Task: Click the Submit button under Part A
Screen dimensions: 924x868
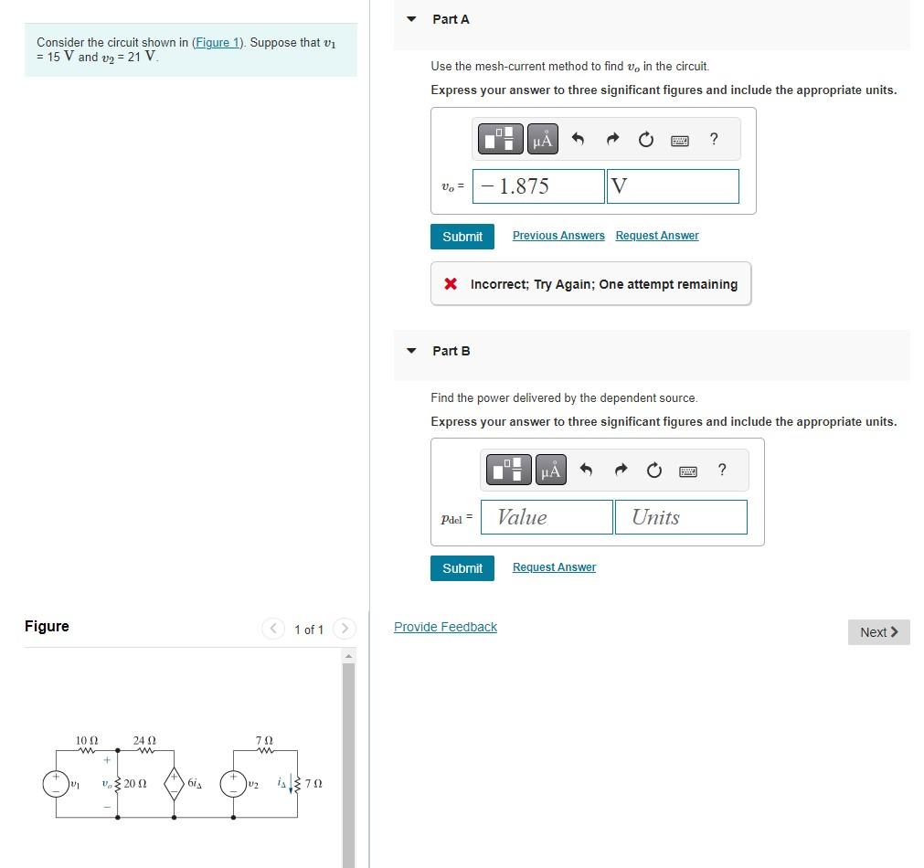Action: coord(462,237)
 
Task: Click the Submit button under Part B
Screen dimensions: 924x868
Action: coord(462,568)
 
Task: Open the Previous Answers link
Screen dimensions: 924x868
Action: coord(558,235)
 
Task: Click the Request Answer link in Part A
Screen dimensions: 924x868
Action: coord(657,235)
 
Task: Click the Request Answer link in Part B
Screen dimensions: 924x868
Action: coord(554,566)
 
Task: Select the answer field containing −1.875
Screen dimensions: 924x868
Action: coord(538,186)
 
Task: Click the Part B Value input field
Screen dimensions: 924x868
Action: coord(547,517)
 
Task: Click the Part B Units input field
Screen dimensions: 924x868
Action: coord(681,517)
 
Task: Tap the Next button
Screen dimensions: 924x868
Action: coord(878,631)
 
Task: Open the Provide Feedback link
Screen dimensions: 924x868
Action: coord(445,627)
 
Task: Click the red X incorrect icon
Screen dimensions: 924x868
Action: coord(451,284)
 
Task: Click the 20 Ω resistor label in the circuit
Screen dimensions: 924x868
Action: coord(135,784)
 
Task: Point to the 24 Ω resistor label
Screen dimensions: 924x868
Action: coord(144,740)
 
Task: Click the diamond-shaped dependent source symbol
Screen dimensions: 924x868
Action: coord(174,784)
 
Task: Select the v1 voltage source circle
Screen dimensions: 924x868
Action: coord(56,784)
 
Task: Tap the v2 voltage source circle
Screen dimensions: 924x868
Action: coord(233,784)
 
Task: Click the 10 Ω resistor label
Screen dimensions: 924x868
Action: coord(87,740)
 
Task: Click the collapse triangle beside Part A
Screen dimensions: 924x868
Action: coord(411,19)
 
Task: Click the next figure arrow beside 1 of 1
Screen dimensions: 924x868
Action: coord(345,629)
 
